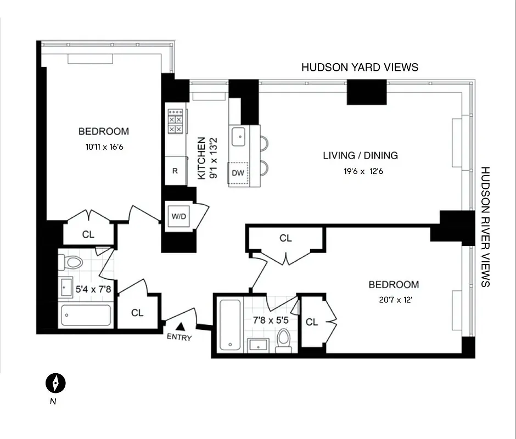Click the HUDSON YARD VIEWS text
360,67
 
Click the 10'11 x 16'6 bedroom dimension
104,147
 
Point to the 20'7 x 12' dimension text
394,300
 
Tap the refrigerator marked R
175,171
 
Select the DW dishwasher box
238,173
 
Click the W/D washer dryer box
179,216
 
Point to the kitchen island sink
238,137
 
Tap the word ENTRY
180,337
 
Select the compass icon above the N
55,382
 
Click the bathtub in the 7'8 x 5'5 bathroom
229,325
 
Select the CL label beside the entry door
137,312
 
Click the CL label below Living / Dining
285,238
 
